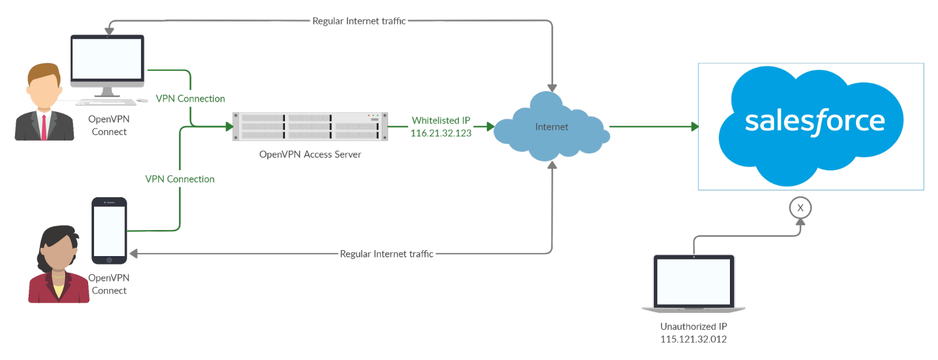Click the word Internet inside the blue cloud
pos(551,127)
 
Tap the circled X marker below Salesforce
pos(800,208)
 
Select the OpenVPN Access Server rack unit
pos(310,126)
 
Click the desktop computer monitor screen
pos(107,59)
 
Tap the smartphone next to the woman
pos(109,230)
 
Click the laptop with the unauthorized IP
pos(694,283)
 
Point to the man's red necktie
pos(44,128)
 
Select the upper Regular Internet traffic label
pos(359,21)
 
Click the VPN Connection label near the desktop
pos(190,99)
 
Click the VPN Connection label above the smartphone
pos(180,179)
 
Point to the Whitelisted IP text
pos(441,121)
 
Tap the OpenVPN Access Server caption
pos(310,154)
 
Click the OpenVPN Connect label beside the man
pos(108,125)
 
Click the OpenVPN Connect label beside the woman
pos(108,284)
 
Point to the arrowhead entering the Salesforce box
pos(694,126)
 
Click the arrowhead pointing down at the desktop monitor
pos(109,31)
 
